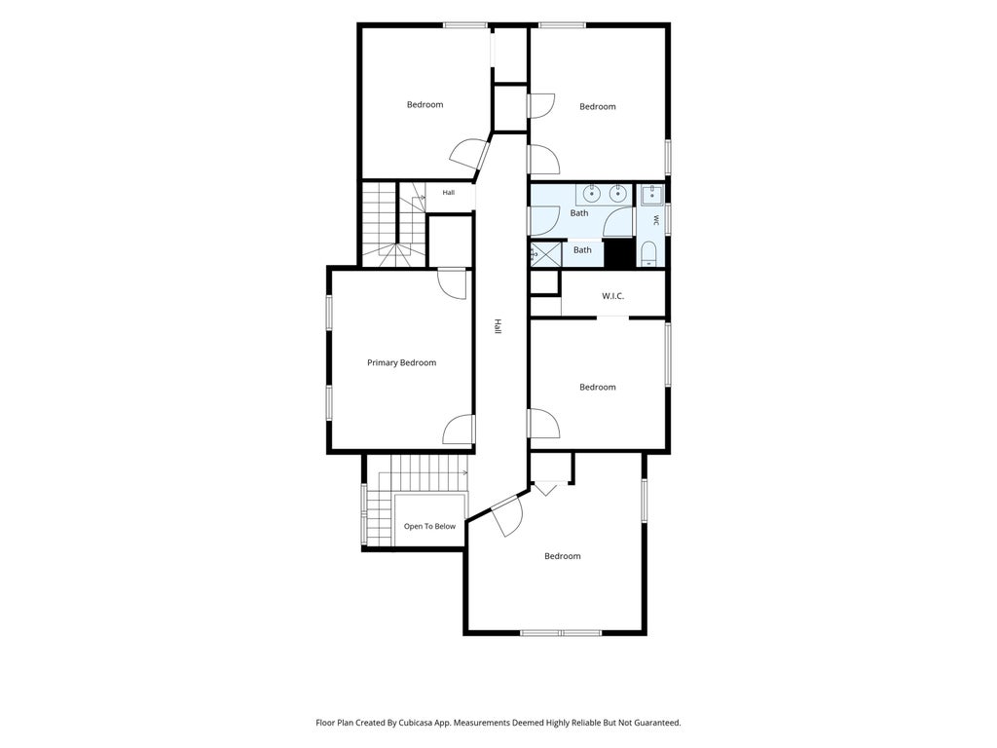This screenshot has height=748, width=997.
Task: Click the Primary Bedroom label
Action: (x=401, y=362)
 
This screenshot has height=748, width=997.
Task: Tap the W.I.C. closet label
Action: (x=613, y=296)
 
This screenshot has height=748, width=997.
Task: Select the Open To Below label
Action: (x=429, y=526)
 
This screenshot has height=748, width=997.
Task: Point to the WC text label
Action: (x=656, y=220)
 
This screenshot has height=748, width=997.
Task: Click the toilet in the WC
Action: (x=648, y=254)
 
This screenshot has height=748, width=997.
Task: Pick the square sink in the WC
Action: (x=651, y=196)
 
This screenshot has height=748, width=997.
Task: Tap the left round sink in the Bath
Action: (x=593, y=192)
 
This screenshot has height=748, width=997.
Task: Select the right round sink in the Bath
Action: (x=616, y=192)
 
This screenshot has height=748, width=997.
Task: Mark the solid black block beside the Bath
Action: (x=619, y=253)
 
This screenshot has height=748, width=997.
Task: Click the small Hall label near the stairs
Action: (x=449, y=193)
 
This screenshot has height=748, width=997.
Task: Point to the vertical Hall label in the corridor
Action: (x=498, y=327)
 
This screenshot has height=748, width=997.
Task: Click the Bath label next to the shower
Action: (x=582, y=250)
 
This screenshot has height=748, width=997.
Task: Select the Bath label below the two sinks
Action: (x=579, y=213)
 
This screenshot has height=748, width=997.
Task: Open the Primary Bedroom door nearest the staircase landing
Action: (x=453, y=282)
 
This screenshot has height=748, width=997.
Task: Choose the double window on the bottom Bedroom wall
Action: (x=561, y=633)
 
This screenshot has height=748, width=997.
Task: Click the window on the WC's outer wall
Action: (x=668, y=219)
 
